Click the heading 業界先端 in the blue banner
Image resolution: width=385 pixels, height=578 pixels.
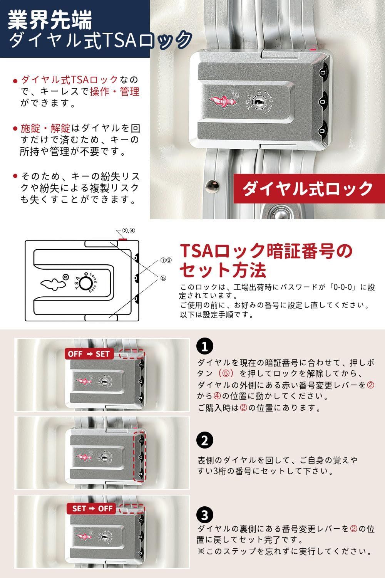pos(50,20)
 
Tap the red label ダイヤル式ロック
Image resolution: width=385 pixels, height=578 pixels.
pos(308,188)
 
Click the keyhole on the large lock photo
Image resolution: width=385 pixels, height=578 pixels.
pos(258,102)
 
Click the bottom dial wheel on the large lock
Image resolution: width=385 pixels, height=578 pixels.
pos(323,128)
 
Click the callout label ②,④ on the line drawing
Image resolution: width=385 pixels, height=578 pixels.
pos(129,231)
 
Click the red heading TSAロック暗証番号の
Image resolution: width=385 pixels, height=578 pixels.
pos(266,251)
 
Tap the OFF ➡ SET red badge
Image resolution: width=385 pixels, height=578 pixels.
pos(89,354)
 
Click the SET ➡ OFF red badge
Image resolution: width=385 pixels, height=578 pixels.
pos(92,508)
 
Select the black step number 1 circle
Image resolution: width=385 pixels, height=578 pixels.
pos(204,346)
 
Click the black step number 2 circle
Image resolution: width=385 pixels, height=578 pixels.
pos(204,440)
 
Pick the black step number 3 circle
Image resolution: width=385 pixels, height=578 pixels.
pos(204,515)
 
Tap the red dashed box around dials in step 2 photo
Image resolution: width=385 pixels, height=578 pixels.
pos(140,457)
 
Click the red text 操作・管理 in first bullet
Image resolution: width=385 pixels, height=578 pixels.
pos(114,91)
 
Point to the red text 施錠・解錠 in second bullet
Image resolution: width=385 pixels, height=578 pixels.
pos(45,128)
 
